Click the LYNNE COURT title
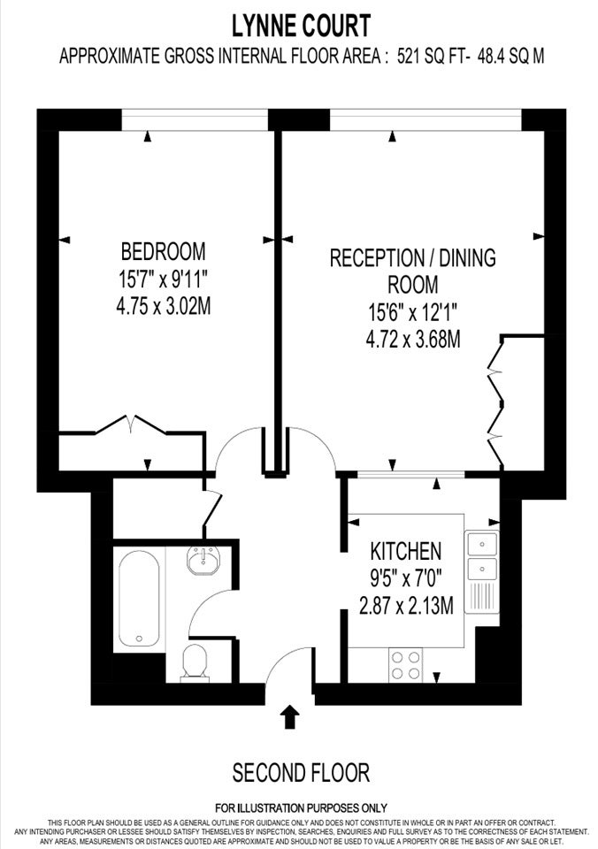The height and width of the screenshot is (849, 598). tap(301, 26)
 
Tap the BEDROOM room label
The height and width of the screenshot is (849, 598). tap(163, 252)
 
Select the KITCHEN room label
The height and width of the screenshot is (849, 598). tap(406, 551)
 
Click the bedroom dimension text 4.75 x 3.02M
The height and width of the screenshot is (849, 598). tap(163, 307)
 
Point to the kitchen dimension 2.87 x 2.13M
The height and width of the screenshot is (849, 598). tap(406, 605)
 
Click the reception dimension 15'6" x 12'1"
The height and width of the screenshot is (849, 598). tap(413, 312)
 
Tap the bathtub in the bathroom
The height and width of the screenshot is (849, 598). tap(139, 598)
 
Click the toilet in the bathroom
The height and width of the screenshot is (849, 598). tap(195, 662)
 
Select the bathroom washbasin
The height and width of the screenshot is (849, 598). tap(203, 559)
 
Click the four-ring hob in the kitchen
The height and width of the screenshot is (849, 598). tap(406, 665)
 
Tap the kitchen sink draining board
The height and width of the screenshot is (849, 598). tap(481, 596)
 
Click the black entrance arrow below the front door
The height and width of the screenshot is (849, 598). tap(291, 716)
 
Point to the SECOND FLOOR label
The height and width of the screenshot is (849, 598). tap(301, 773)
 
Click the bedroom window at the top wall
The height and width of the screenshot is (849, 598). tap(195, 119)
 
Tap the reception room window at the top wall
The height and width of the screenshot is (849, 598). tap(425, 119)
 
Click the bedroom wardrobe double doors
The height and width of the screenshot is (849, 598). tap(131, 425)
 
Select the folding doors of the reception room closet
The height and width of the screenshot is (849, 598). tap(496, 401)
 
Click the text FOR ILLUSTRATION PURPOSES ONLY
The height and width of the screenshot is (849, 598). tap(301, 808)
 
